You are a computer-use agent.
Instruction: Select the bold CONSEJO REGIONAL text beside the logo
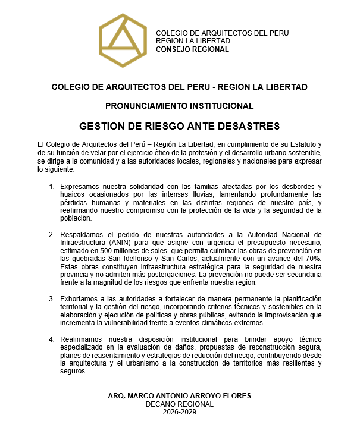[192, 49]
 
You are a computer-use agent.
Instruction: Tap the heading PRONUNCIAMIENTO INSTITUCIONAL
[180, 106]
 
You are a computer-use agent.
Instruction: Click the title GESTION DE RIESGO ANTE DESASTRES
[180, 126]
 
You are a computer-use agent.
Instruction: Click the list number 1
[51, 187]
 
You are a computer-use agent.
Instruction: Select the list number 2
[51, 234]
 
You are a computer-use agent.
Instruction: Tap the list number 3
[51, 298]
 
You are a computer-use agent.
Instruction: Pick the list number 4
[51, 339]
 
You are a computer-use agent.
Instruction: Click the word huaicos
[71, 194]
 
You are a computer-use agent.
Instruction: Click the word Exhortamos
[80, 298]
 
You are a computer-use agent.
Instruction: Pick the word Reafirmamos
[82, 339]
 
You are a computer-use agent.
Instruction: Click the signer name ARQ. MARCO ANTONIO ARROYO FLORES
[180, 396]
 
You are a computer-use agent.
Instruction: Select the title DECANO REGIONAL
[180, 404]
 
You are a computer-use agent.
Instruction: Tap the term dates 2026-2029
[180, 412]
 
